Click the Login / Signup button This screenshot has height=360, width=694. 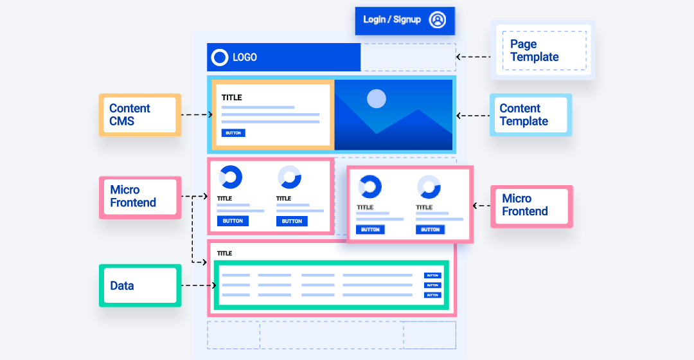pyautogui.click(x=392, y=20)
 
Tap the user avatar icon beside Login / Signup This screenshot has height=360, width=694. pyautogui.click(x=438, y=20)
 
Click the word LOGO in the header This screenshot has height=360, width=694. pyautogui.click(x=245, y=57)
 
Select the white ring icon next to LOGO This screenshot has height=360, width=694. pyautogui.click(x=220, y=57)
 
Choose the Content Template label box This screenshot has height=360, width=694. pyautogui.click(x=531, y=115)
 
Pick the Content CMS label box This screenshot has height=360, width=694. pyautogui.click(x=139, y=115)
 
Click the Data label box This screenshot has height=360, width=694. pyautogui.click(x=139, y=285)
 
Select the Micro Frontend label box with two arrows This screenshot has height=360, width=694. pyautogui.click(x=139, y=197)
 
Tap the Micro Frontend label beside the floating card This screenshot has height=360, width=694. pyautogui.click(x=531, y=206)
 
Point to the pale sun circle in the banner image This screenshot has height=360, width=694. pyautogui.click(x=376, y=98)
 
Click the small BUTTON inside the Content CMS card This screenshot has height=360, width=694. pyautogui.click(x=233, y=133)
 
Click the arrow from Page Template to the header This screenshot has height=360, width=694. pyautogui.click(x=473, y=57)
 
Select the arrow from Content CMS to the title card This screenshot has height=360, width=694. pyautogui.click(x=197, y=115)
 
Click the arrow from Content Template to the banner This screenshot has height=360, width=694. pyautogui.click(x=473, y=116)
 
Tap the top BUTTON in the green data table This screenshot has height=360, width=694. pyautogui.click(x=432, y=275)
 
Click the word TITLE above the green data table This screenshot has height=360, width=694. pyautogui.click(x=224, y=253)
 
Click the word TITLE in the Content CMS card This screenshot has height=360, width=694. pyautogui.click(x=232, y=98)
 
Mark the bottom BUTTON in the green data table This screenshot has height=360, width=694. pyautogui.click(x=432, y=295)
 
